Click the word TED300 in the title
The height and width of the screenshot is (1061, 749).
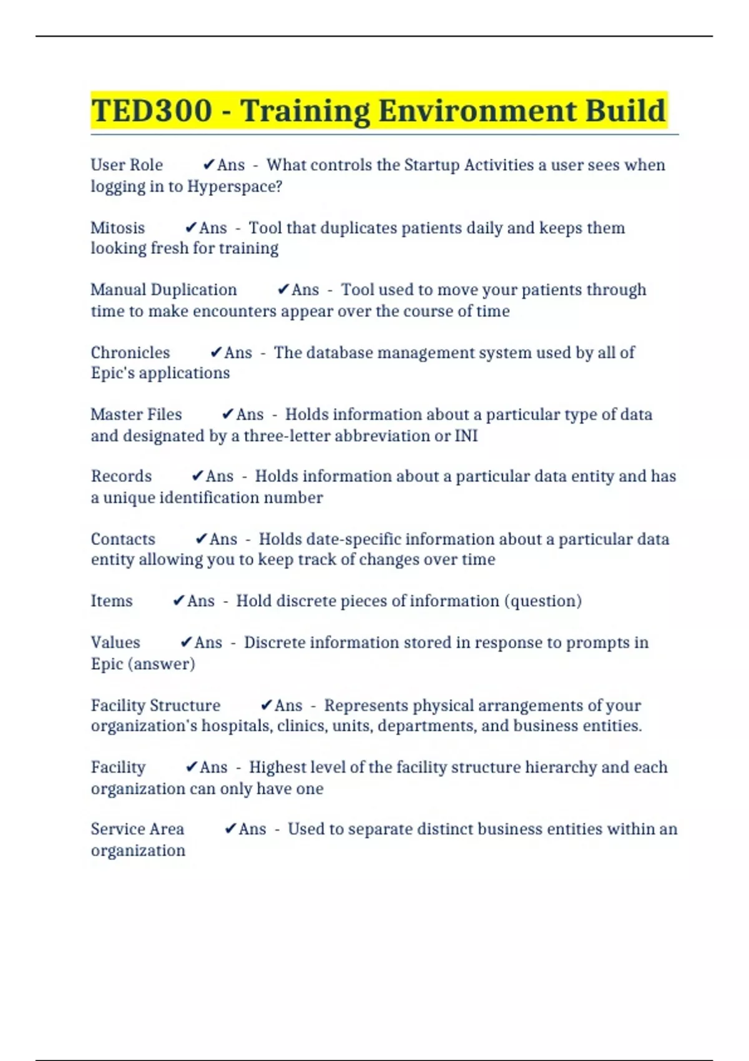[152, 111]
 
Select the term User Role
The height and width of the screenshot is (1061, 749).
[127, 165]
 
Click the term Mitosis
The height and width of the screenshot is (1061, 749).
[117, 228]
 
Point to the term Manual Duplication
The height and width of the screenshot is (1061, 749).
[164, 290]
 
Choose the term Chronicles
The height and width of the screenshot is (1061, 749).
[130, 353]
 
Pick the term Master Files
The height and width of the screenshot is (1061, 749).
[136, 414]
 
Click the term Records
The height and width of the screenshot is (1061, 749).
[121, 476]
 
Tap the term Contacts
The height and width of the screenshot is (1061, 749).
[123, 539]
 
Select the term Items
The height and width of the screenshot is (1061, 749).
[112, 601]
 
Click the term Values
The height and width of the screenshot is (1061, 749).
[115, 643]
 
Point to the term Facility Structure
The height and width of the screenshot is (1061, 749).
[155, 705]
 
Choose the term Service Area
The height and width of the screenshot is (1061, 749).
[137, 829]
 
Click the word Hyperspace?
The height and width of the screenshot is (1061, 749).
[235, 187]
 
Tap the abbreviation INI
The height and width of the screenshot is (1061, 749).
[466, 436]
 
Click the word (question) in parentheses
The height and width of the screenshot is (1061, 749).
[542, 601]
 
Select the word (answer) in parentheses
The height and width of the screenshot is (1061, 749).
[161, 664]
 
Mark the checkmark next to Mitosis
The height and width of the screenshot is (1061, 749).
[191, 228]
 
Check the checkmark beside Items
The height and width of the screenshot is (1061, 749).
[179, 601]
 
